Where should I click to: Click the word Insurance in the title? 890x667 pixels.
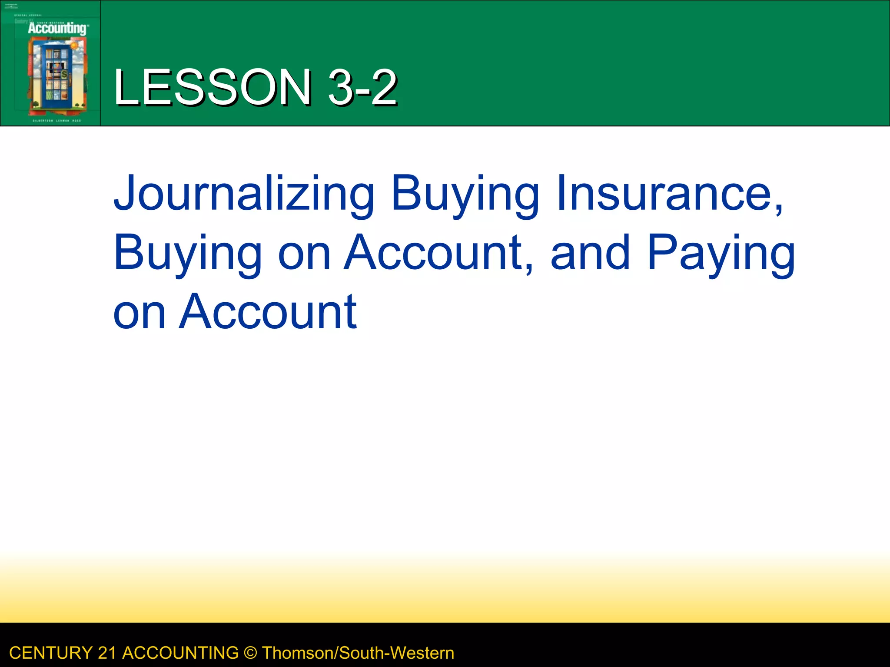tap(670, 193)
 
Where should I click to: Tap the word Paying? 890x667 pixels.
tap(721, 253)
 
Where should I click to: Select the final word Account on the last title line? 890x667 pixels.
tap(268, 311)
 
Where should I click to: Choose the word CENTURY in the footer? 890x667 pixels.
tap(50, 653)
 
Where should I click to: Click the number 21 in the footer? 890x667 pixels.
tap(107, 653)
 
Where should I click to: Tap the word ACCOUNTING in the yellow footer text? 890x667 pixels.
tap(180, 653)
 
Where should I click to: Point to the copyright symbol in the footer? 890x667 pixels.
tap(250, 653)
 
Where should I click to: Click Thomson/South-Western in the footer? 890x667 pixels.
tap(358, 653)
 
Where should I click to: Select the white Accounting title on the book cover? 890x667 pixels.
tap(57, 29)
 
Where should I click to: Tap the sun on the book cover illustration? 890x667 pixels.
tap(74, 45)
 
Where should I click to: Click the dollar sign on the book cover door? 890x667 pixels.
tap(64, 74)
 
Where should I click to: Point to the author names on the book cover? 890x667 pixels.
tap(56, 121)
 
